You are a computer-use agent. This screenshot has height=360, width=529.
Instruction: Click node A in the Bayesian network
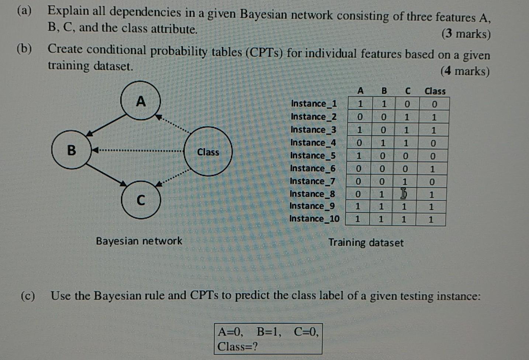click(141, 100)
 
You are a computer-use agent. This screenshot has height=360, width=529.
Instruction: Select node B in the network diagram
click(71, 150)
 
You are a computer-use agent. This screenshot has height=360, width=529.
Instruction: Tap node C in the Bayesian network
click(141, 200)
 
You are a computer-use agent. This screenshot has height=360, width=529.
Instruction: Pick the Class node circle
click(208, 152)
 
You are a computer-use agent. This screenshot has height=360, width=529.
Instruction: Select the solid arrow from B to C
click(107, 174)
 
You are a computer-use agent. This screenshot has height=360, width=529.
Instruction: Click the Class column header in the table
click(435, 91)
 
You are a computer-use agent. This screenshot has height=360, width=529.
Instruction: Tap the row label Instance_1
click(314, 103)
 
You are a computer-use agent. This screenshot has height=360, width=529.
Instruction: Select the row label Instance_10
click(314, 219)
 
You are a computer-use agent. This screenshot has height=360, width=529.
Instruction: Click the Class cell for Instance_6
click(432, 169)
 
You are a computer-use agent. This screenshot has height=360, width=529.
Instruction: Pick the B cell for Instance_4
click(383, 143)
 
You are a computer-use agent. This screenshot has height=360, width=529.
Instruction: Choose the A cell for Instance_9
click(357, 206)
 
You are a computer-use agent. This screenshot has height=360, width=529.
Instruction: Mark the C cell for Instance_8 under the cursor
click(404, 194)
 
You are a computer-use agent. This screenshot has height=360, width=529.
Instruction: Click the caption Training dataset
click(366, 243)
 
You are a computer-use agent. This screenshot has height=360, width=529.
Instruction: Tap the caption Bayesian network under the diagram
click(139, 241)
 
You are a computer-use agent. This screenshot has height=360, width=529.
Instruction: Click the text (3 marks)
click(466, 34)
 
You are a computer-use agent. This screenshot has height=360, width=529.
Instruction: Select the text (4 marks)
click(465, 71)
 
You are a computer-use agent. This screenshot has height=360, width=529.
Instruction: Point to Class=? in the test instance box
click(238, 346)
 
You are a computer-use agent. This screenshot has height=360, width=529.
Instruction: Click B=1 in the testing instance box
click(269, 332)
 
